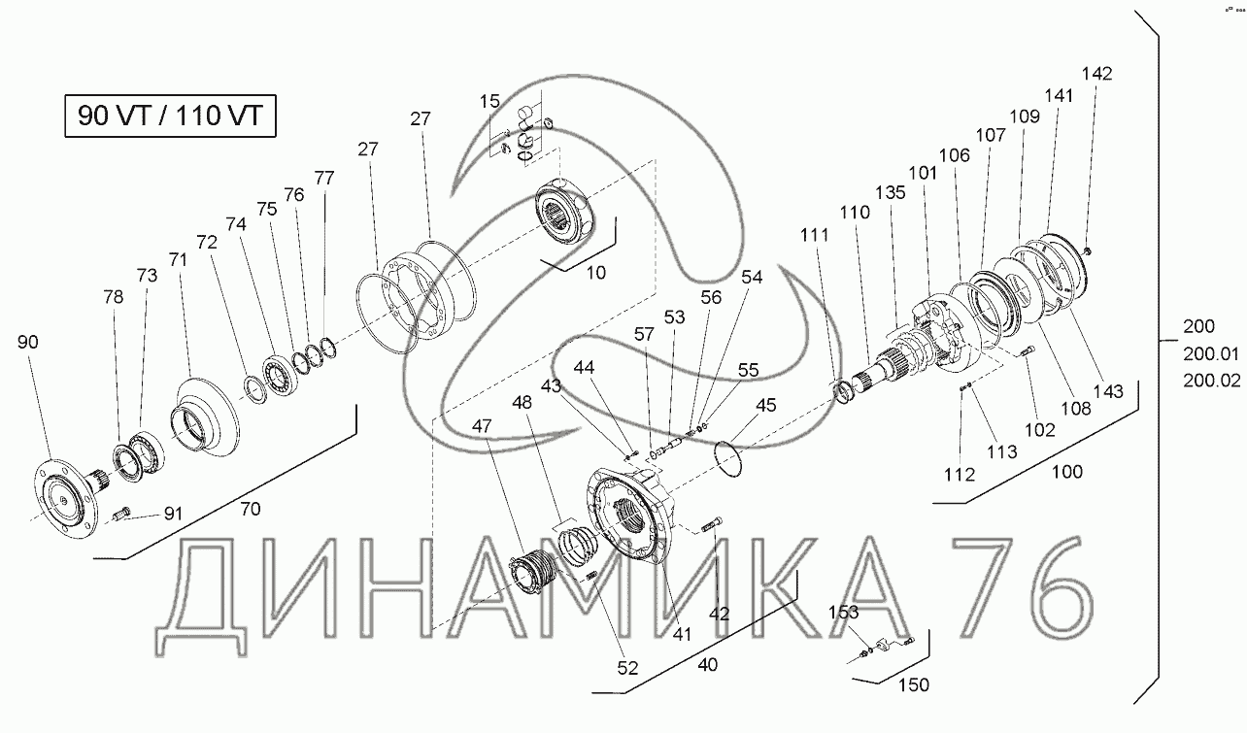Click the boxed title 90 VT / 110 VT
[170, 116]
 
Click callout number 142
[1096, 74]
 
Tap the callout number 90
[28, 342]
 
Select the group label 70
[251, 509]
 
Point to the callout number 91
[173, 514]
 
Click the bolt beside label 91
[122, 513]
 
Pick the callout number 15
[489, 101]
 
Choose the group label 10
[596, 273]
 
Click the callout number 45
[766, 405]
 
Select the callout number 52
[627, 668]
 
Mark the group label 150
[914, 684]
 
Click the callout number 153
[843, 613]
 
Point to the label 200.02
[1212, 381]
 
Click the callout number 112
[960, 475]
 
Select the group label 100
[1066, 472]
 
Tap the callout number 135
[891, 192]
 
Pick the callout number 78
[113, 297]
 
